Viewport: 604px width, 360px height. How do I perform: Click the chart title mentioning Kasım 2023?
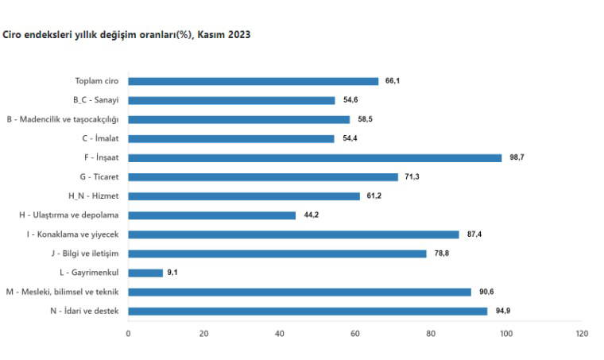click(x=127, y=36)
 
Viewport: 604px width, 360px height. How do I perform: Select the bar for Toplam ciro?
click(x=253, y=81)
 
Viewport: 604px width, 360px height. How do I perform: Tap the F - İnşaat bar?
click(x=315, y=157)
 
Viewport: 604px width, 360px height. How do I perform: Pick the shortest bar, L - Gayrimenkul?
click(x=145, y=273)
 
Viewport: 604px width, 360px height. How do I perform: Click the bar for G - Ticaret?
click(x=263, y=176)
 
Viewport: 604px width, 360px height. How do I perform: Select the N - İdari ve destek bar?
click(x=308, y=311)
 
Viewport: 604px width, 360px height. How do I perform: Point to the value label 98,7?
click(x=517, y=157)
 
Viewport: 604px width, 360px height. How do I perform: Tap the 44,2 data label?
click(x=311, y=215)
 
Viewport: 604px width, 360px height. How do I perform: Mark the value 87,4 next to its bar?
click(x=474, y=234)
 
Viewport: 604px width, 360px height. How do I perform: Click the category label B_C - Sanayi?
click(x=95, y=100)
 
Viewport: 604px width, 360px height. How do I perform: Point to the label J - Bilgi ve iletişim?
click(x=83, y=254)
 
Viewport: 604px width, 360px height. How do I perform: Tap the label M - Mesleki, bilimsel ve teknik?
click(x=62, y=292)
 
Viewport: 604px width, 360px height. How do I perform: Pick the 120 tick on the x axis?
click(x=582, y=334)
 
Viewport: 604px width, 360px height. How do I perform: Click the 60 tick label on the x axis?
click(x=355, y=334)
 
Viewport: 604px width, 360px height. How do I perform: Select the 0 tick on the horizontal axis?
click(x=128, y=334)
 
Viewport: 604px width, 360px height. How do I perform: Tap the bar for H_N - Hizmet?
click(x=244, y=195)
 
